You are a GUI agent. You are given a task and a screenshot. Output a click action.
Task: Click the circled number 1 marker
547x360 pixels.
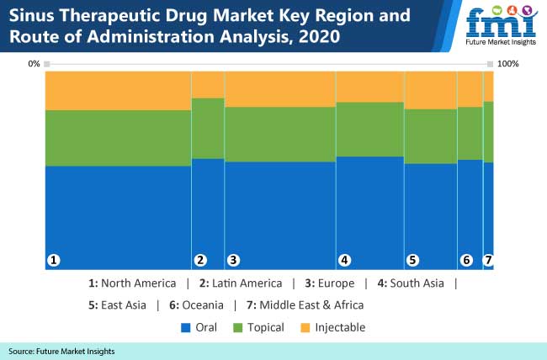point(53,261)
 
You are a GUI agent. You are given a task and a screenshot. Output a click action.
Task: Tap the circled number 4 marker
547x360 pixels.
point(344,261)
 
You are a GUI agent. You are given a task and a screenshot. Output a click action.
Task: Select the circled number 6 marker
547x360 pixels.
point(466,261)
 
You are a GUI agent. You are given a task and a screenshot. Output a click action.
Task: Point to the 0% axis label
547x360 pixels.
point(34,64)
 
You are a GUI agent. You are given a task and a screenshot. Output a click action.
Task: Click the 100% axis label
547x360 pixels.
point(508,64)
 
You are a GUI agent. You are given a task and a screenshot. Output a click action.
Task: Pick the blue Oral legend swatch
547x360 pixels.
point(186,327)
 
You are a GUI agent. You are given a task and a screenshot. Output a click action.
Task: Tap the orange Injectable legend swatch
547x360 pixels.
point(306,327)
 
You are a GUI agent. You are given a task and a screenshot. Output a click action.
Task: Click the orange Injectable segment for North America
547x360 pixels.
point(118,91)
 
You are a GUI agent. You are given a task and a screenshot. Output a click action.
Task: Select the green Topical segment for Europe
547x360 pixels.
point(279,134)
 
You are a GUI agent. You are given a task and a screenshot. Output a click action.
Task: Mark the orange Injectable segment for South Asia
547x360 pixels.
point(369,87)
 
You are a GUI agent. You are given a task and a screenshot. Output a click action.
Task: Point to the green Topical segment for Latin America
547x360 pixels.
point(208,128)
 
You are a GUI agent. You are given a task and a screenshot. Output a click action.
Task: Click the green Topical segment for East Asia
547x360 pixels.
point(430,136)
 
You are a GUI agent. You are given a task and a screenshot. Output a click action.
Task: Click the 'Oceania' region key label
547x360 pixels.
point(204,304)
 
